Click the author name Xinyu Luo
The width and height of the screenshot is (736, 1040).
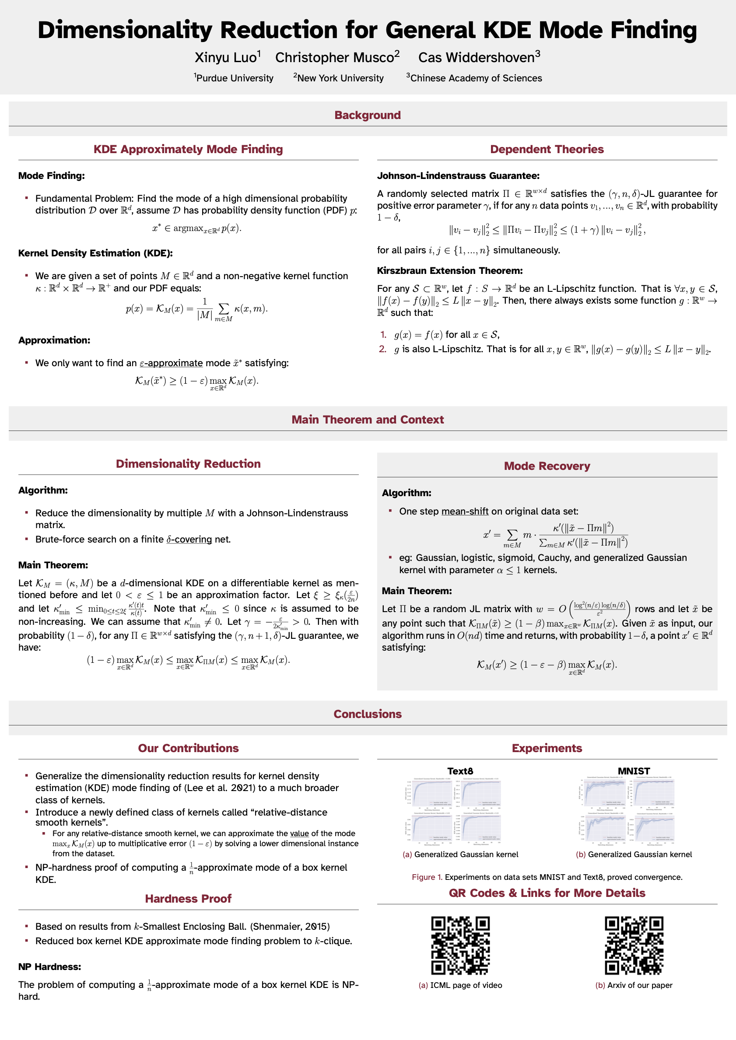click(x=226, y=58)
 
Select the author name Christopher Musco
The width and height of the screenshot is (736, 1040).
click(x=334, y=58)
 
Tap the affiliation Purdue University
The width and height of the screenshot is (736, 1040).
click(x=235, y=78)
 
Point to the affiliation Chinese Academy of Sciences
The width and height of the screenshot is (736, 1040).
click(x=476, y=78)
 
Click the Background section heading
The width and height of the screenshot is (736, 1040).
click(x=368, y=115)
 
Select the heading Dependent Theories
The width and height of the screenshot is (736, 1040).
click(x=547, y=149)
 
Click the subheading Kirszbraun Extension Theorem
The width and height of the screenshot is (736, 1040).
click(x=449, y=270)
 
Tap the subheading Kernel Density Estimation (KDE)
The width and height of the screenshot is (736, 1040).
click(x=95, y=253)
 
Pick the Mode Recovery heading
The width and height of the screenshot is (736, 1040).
click(x=547, y=466)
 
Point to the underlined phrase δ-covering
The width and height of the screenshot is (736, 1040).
click(x=189, y=539)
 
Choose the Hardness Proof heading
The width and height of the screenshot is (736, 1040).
click(x=188, y=898)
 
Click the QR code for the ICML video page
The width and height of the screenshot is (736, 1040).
click(x=460, y=945)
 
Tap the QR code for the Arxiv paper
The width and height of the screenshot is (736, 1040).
click(x=634, y=945)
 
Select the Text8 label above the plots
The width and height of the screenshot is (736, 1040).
click(x=460, y=771)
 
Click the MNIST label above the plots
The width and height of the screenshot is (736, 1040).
click(x=634, y=771)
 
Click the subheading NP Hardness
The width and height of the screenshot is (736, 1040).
click(x=49, y=966)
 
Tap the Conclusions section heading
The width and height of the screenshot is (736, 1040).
click(x=368, y=714)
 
